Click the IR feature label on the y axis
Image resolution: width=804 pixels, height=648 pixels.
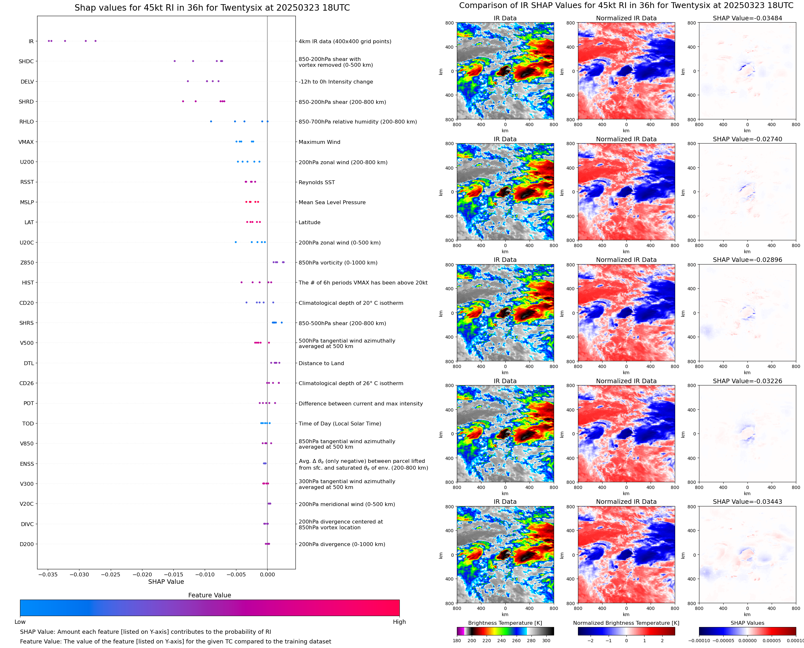pos(31,41)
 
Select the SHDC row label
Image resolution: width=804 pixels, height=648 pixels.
pos(26,62)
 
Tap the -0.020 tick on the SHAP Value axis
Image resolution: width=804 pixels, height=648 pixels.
pos(142,574)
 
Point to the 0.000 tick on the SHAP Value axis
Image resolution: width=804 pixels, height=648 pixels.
pos(267,574)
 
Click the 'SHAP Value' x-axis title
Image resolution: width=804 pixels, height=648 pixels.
pos(166,582)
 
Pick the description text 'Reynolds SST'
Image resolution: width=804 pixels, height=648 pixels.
pos(316,183)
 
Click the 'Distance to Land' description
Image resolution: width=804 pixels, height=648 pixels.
pos(321,363)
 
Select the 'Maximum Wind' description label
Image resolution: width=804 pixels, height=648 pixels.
pos(319,142)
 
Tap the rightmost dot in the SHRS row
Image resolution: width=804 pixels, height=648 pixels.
pos(282,323)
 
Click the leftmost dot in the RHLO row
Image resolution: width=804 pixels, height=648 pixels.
pos(211,121)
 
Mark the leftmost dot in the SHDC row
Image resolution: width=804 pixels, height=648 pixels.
pos(174,61)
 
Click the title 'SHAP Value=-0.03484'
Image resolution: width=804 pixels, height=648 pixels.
pos(747,18)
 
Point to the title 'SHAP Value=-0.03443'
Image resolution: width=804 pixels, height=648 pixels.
pos(747,502)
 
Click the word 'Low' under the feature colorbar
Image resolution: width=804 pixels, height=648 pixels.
pos(20,622)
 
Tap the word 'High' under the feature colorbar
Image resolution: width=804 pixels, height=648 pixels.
pos(399,622)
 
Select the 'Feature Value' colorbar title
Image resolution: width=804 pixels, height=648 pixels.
pos(210,595)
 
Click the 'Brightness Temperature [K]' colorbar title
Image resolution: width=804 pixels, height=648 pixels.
pos(505,623)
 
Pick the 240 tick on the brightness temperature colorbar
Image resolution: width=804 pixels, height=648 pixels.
pos(501,641)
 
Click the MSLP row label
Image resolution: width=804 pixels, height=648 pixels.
pos(27,202)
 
